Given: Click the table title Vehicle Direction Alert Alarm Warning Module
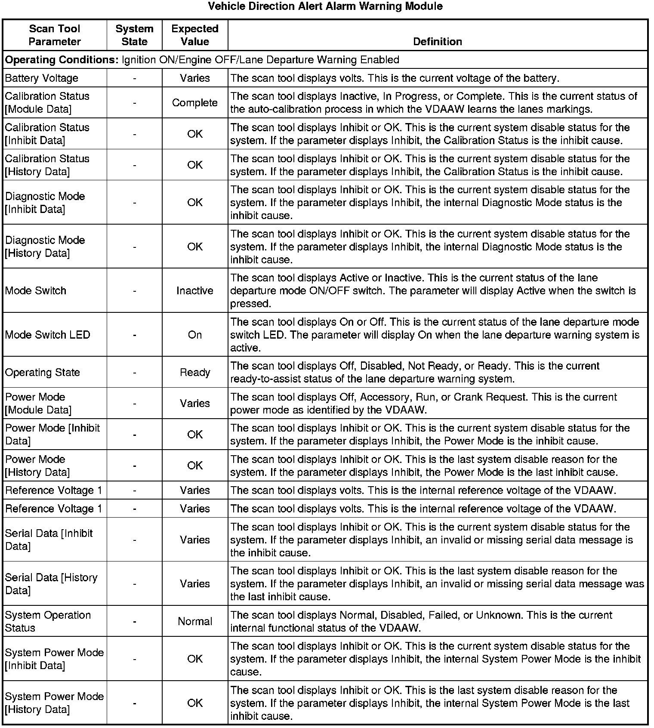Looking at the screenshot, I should click(x=325, y=6).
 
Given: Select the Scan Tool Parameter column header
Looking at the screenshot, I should click(x=55, y=35).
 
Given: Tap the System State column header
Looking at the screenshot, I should click(x=134, y=35).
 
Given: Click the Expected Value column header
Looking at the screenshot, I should click(x=195, y=35).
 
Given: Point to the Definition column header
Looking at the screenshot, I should click(x=438, y=42).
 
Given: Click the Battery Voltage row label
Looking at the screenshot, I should click(x=42, y=78).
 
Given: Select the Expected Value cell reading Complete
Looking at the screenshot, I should click(x=195, y=103).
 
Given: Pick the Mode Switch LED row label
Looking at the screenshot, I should click(x=48, y=335).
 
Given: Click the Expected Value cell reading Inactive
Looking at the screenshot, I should click(x=195, y=291).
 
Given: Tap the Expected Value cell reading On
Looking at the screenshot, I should click(x=195, y=335).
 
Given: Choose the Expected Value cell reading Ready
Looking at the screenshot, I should click(x=195, y=372).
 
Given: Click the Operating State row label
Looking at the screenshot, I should click(x=43, y=372).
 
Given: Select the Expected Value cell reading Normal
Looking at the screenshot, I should click(x=195, y=621).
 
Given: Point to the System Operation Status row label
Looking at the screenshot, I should click(x=48, y=621).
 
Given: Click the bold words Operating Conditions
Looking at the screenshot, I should click(x=62, y=60).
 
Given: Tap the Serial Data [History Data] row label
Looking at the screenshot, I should click(x=51, y=583).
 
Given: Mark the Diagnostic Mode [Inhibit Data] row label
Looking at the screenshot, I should click(x=45, y=203).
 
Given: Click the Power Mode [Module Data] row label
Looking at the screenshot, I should click(x=38, y=403).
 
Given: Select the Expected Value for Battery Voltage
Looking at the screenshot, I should click(x=195, y=78).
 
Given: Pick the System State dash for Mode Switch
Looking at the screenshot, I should click(x=135, y=291).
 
